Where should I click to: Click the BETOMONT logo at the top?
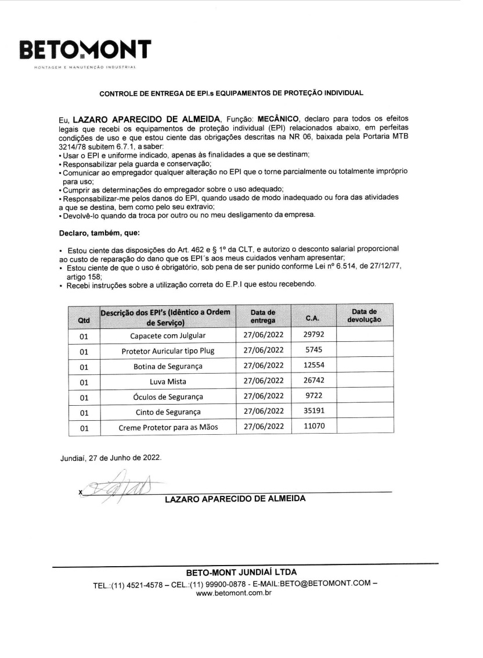(x=85, y=51)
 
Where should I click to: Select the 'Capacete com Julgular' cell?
(x=168, y=335)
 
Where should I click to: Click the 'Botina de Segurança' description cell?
(x=168, y=367)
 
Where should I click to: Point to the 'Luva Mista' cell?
(x=168, y=382)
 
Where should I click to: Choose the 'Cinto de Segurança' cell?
(x=168, y=412)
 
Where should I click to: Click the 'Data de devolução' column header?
(x=364, y=316)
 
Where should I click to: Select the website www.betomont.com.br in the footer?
(x=235, y=593)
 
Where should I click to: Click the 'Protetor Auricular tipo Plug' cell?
(x=168, y=351)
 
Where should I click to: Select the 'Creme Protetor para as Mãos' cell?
(x=168, y=428)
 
